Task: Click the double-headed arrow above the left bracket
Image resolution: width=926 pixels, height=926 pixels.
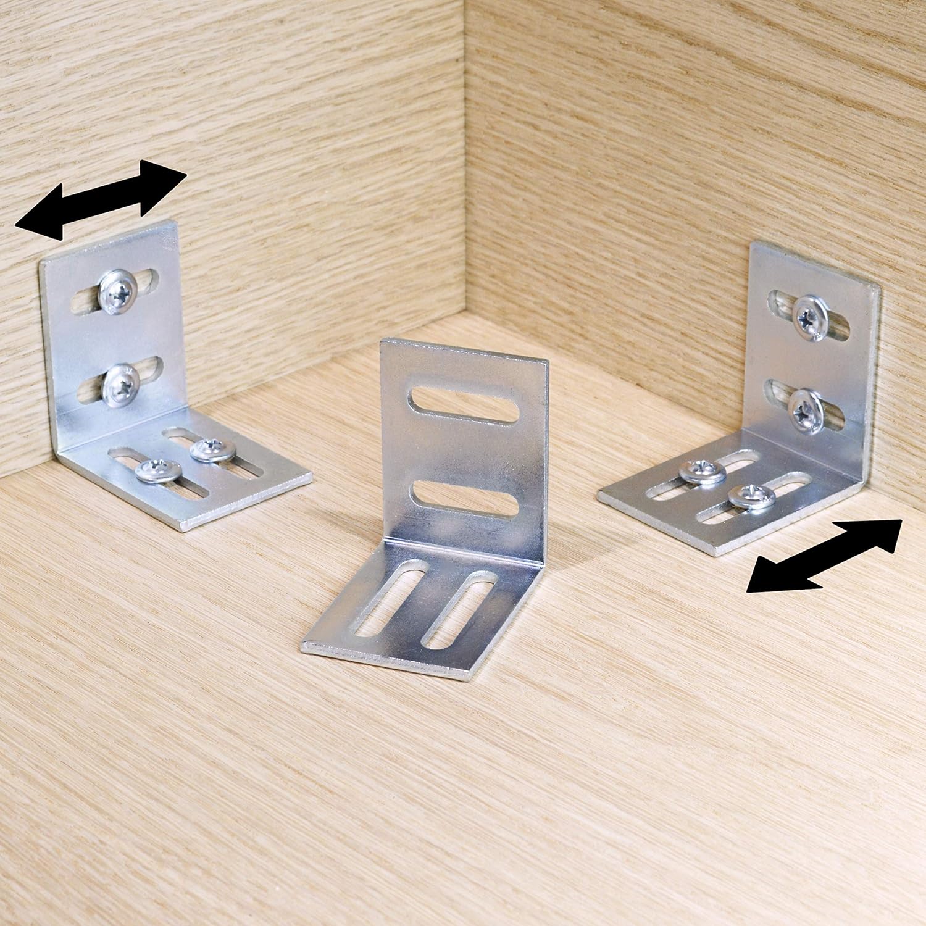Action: (x=101, y=199)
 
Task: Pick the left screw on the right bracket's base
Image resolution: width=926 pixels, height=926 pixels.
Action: (x=703, y=472)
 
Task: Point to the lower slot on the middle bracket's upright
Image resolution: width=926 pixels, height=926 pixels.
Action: (x=463, y=497)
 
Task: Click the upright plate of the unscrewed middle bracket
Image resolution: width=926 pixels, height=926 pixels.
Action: (x=463, y=451)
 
